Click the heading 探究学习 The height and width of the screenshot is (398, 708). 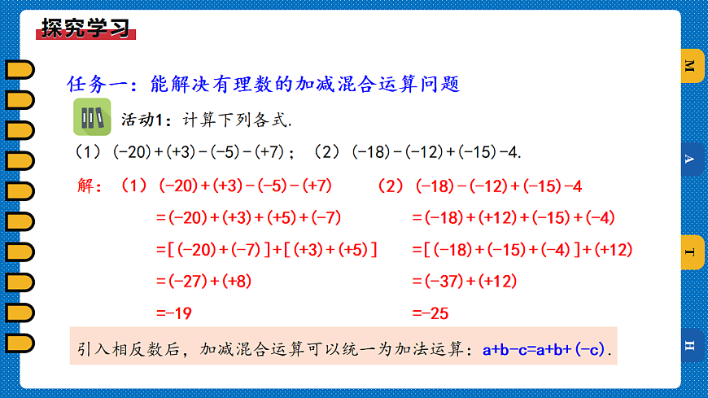tap(85, 29)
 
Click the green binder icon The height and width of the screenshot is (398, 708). tap(91, 117)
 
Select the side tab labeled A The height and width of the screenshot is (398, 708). tap(690, 160)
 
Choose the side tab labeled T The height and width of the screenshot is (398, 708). tap(690, 252)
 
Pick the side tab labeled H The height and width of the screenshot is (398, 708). tap(690, 346)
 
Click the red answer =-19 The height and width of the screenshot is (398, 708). tap(173, 313)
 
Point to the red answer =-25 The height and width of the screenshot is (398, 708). tap(430, 313)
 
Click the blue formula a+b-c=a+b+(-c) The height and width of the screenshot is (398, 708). tap(544, 350)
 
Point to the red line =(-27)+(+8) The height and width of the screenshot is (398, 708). tap(203, 282)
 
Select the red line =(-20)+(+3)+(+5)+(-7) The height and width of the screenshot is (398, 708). tap(248, 218)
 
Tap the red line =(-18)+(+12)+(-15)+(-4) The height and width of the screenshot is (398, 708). tap(514, 218)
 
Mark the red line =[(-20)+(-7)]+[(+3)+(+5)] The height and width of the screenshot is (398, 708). tap(266, 250)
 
